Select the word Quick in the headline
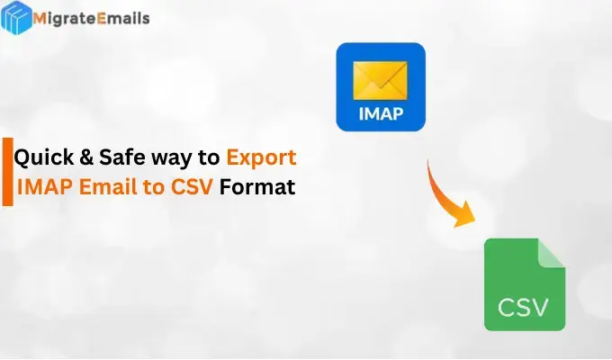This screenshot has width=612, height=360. (x=43, y=158)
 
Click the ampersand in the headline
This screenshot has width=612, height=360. (x=87, y=158)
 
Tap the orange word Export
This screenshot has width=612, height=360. (x=261, y=159)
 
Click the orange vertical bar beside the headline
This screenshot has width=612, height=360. (x=7, y=173)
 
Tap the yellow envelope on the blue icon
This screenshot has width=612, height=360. (x=380, y=78)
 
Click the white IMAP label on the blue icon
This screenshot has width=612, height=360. (x=381, y=115)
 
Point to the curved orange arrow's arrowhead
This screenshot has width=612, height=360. (x=465, y=216)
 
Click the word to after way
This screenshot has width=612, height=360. (x=209, y=159)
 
